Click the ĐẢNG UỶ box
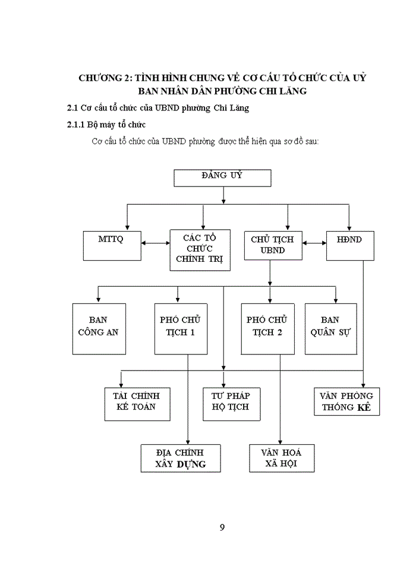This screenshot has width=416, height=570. [x=222, y=178]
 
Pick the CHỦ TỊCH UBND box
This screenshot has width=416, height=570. [x=273, y=245]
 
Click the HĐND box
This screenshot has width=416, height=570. [x=349, y=245]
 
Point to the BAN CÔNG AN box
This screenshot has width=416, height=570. [x=99, y=328]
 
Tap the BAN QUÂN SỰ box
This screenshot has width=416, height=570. [x=331, y=328]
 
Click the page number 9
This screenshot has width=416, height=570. [x=222, y=527]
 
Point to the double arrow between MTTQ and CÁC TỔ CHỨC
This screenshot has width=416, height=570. [x=155, y=243]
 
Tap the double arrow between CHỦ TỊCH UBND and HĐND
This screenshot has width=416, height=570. [x=314, y=243]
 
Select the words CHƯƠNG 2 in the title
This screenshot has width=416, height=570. [x=104, y=78]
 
